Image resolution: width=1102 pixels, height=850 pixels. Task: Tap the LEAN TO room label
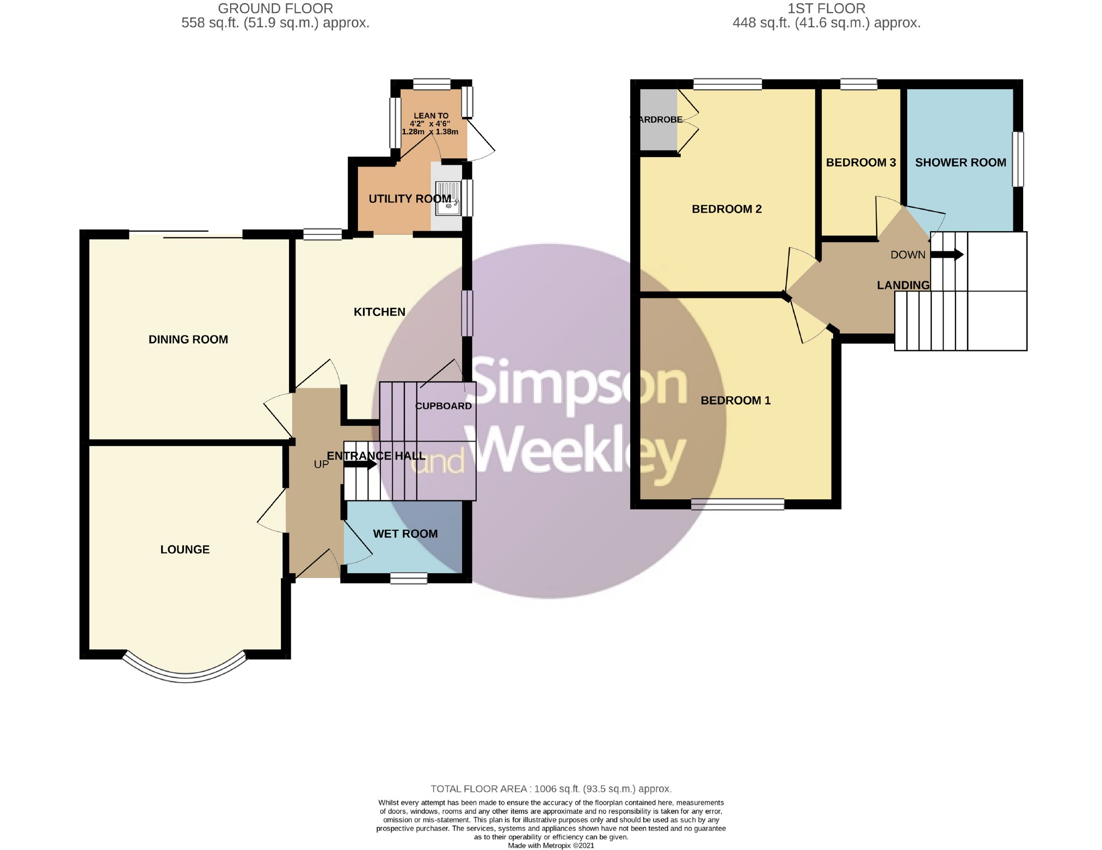[x=431, y=115]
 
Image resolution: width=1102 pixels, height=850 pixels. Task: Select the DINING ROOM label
[x=188, y=339]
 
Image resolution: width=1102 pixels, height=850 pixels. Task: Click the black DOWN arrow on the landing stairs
[x=947, y=254]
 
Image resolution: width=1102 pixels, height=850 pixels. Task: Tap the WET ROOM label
[x=405, y=533]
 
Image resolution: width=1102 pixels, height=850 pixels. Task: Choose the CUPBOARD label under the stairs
[x=444, y=406]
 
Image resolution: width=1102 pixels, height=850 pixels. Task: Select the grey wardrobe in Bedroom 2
[x=658, y=120]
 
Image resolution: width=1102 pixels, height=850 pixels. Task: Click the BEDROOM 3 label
[x=861, y=162]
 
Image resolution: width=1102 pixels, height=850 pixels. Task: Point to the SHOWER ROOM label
[x=961, y=162]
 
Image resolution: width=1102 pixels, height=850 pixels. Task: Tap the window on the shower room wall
[x=1018, y=159]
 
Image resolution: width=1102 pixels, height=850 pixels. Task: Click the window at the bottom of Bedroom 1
[x=737, y=504]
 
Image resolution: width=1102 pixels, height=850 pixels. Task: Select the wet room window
[x=409, y=578]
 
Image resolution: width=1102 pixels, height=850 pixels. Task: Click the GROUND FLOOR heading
[x=275, y=9]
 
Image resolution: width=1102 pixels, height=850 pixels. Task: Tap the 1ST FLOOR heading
[x=826, y=9]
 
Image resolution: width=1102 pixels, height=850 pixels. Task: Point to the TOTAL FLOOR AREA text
[x=551, y=789]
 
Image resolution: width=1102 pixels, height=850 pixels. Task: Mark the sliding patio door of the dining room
[x=186, y=234]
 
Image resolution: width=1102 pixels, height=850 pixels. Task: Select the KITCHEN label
[x=379, y=312]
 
